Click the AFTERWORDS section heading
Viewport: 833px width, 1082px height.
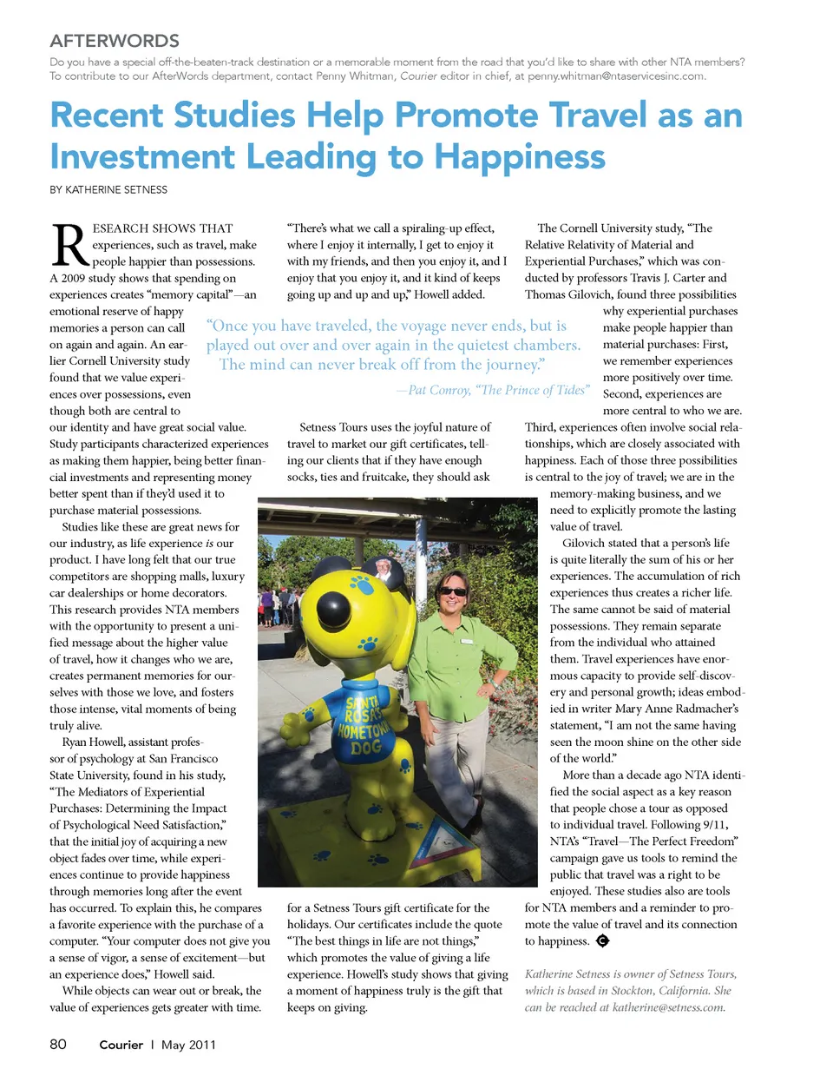click(x=115, y=41)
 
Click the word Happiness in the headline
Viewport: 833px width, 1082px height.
click(x=519, y=157)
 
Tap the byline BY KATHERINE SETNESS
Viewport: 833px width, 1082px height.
click(x=108, y=189)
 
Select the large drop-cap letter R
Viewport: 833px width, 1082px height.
click(x=69, y=246)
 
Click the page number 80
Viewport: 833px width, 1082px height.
click(x=58, y=1044)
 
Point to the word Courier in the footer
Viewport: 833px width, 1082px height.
click(x=121, y=1045)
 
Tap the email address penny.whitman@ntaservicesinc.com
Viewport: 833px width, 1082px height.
click(x=616, y=76)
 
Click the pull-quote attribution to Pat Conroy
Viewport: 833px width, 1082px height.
click(x=493, y=390)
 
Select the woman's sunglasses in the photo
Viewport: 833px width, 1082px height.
click(x=453, y=591)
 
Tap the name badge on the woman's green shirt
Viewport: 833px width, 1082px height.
click(x=467, y=641)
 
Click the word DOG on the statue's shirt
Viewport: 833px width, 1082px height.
click(x=366, y=748)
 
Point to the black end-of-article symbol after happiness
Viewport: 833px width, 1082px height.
click(x=602, y=940)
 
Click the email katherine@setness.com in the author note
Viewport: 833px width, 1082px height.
click(x=668, y=1007)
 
